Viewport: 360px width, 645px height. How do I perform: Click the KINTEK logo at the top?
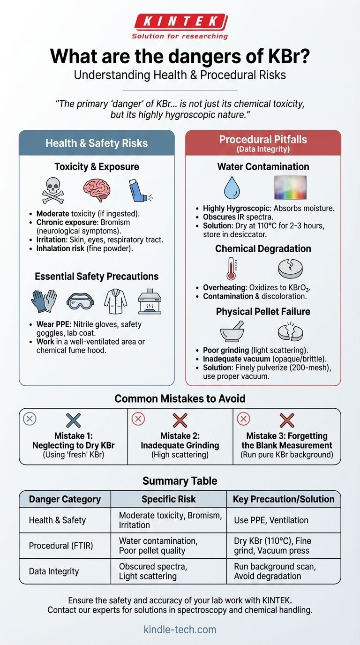[180, 22]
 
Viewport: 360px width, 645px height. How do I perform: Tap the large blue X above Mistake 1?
[74, 420]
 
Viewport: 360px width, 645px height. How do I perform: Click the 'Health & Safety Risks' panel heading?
[97, 143]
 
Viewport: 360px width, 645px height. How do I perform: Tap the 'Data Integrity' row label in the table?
[54, 571]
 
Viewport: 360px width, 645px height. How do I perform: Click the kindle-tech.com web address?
[180, 629]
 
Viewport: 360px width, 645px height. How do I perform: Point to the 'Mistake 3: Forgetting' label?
[287, 435]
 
